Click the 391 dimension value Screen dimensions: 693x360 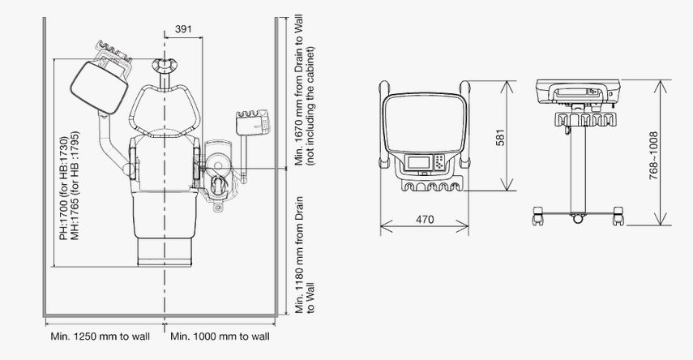pyautogui.click(x=183, y=29)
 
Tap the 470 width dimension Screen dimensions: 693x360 pyautogui.click(x=425, y=219)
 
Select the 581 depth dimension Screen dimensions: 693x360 pyautogui.click(x=500, y=137)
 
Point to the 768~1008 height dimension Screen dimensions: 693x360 pyautogui.click(x=653, y=155)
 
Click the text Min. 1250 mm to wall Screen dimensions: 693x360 pyautogui.click(x=101, y=336)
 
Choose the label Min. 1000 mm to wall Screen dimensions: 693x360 pyautogui.click(x=220, y=336)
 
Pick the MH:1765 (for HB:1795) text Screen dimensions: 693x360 pyautogui.click(x=75, y=186)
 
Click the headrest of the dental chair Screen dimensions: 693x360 pyautogui.click(x=165, y=66)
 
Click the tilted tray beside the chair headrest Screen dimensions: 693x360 pyautogui.click(x=99, y=87)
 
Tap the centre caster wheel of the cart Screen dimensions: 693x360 pyautogui.click(x=578, y=218)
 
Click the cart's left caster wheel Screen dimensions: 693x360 pyautogui.click(x=538, y=216)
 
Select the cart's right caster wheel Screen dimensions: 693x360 pyautogui.click(x=618, y=216)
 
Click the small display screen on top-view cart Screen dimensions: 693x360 pyautogui.click(x=418, y=162)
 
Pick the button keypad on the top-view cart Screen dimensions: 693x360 pyautogui.click(x=439, y=162)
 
